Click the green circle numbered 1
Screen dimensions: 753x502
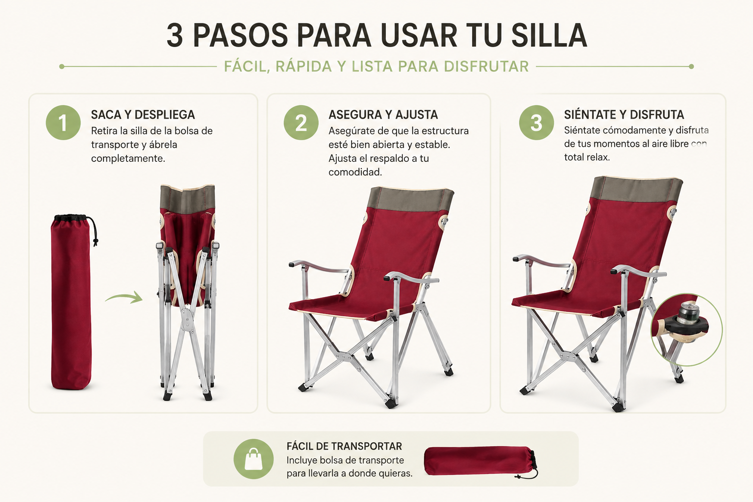[x=63, y=123]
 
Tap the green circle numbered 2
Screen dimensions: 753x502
[x=301, y=123]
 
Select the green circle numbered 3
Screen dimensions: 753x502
[x=536, y=123]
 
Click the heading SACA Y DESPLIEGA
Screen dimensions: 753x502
[x=143, y=115]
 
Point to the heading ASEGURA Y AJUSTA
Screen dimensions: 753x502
[x=383, y=115]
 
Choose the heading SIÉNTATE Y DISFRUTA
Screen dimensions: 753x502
[x=624, y=115]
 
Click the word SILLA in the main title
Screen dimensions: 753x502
[x=549, y=35]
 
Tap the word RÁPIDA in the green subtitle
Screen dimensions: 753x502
[x=303, y=66]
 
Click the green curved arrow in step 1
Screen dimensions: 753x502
[x=124, y=298]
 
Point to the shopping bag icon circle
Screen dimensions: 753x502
[x=253, y=459]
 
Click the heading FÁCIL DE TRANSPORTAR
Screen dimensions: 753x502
[x=344, y=446]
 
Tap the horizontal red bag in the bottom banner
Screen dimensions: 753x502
[x=481, y=462]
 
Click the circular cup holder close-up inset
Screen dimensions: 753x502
[x=687, y=329]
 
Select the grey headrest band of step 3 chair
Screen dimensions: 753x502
[x=636, y=189]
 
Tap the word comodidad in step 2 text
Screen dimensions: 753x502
[x=355, y=172]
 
